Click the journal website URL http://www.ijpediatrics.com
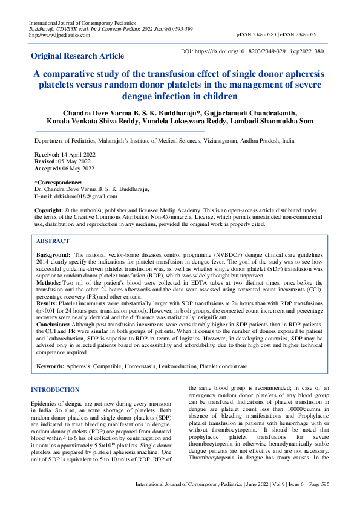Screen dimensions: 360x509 (59, 35)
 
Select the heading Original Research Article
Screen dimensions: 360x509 (77, 56)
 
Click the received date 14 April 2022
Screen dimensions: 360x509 (74, 155)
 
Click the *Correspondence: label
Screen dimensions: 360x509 (58, 183)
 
